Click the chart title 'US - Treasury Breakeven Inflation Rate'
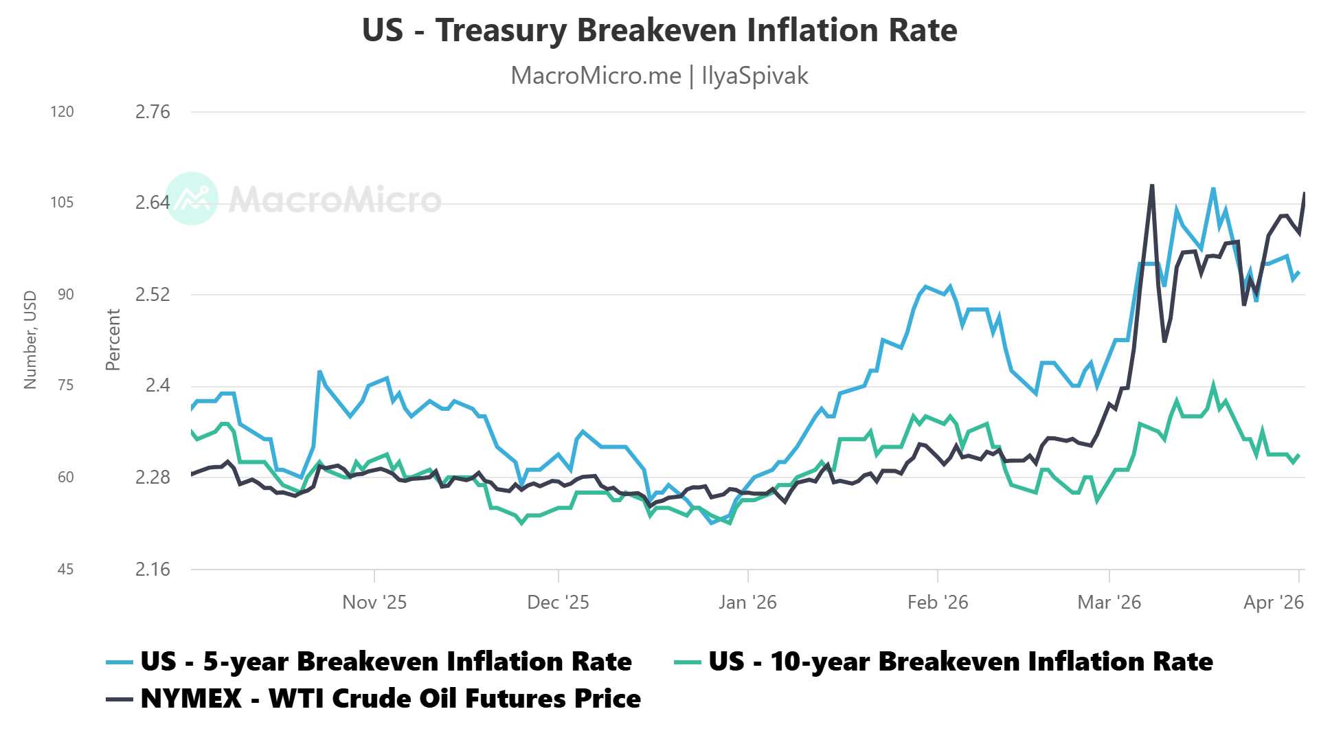point(659,30)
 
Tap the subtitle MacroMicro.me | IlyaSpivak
point(659,76)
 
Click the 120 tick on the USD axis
point(62,112)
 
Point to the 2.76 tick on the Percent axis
point(152,112)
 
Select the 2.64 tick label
point(152,203)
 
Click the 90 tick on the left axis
point(65,295)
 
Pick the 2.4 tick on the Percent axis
point(157,385)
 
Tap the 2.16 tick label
point(152,569)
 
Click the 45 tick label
point(65,569)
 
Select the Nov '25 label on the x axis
point(374,603)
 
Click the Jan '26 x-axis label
point(747,603)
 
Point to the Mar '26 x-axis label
point(1109,603)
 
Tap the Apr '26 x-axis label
point(1273,603)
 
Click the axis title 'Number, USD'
point(30,339)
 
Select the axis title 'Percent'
point(113,339)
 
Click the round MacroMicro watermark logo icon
point(192,199)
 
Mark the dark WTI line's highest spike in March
point(1152,185)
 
